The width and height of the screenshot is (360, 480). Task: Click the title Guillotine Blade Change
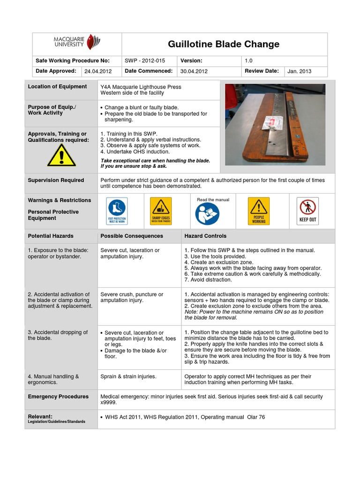click(224, 45)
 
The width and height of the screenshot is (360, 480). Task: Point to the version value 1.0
click(248, 60)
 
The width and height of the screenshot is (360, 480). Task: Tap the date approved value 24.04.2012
click(98, 72)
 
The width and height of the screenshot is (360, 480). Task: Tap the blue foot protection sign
click(117, 211)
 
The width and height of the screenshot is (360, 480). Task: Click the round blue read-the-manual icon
click(207, 214)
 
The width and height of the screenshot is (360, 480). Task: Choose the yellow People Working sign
click(259, 211)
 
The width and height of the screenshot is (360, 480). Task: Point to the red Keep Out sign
click(307, 211)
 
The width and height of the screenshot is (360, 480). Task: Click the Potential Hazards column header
click(51, 236)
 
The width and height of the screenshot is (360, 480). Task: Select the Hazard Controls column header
click(205, 236)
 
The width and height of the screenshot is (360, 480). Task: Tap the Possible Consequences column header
click(132, 236)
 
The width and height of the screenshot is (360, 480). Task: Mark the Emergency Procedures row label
click(58, 397)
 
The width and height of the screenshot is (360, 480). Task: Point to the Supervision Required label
click(56, 180)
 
